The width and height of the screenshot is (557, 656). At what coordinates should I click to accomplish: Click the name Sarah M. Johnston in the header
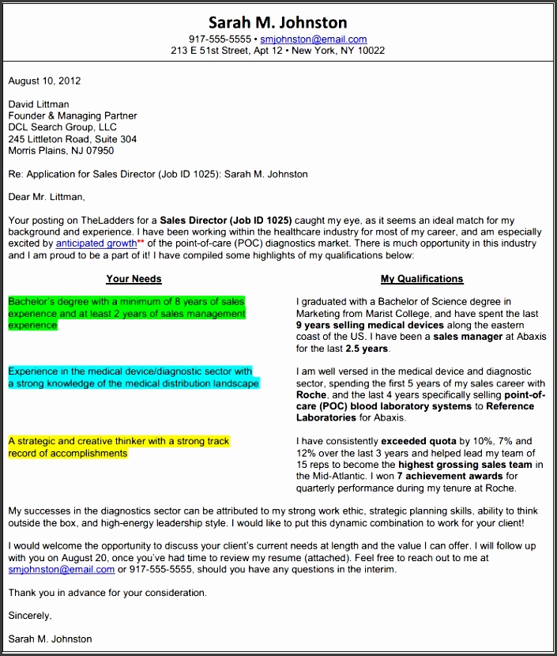(x=278, y=21)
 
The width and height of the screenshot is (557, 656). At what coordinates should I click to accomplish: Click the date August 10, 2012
(x=44, y=81)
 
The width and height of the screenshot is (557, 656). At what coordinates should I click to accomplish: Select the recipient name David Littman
(x=38, y=104)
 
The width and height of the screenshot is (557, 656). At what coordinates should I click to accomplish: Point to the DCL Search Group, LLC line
(x=62, y=127)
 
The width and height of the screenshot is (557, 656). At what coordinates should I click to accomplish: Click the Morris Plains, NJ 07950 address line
(x=61, y=150)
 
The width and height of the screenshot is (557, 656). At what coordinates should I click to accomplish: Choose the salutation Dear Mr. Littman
(x=46, y=197)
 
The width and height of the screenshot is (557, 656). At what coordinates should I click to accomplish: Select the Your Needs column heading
(x=134, y=279)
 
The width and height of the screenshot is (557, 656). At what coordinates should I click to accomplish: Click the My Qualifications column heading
(x=422, y=279)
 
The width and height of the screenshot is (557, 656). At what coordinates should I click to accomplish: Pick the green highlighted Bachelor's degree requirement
(x=126, y=313)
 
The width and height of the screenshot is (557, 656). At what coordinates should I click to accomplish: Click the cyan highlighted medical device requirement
(x=133, y=377)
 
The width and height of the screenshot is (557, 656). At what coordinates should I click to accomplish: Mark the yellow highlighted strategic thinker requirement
(x=119, y=447)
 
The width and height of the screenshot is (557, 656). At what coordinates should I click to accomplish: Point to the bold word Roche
(x=311, y=394)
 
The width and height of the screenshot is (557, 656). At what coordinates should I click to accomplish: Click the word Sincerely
(x=30, y=616)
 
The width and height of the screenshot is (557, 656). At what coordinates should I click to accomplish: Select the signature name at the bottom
(x=50, y=639)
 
